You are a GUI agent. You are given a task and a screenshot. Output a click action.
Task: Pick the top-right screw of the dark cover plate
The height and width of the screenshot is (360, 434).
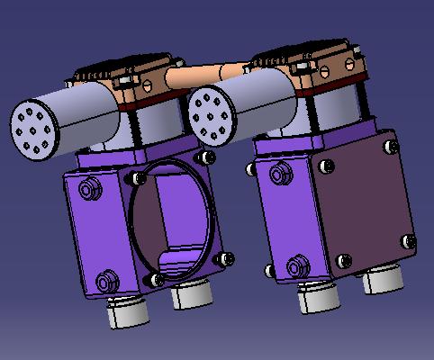[391, 144]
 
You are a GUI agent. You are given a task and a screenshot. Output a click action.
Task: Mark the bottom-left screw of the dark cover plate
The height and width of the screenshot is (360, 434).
[341, 263]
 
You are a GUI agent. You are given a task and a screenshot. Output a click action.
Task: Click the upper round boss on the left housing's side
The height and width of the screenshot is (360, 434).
[88, 190]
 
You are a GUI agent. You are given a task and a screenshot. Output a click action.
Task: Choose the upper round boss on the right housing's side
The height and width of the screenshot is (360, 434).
[276, 172]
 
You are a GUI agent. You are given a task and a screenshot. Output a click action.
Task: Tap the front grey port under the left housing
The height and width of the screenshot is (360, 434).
[126, 310]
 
